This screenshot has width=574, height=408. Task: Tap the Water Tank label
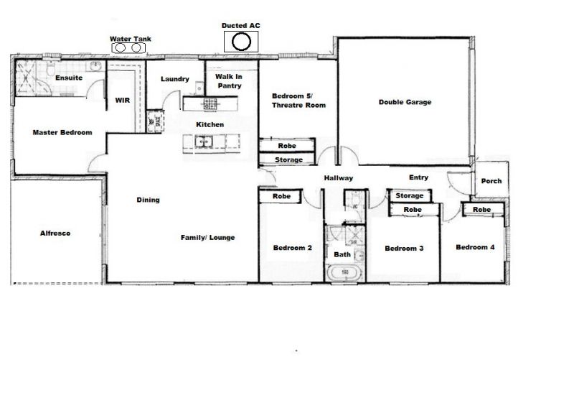coord(131,39)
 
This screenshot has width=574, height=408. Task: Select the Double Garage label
coord(405,102)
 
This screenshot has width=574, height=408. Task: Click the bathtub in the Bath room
coord(345,273)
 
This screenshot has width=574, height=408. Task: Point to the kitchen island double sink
coord(204,141)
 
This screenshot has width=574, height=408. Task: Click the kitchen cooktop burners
coord(210,104)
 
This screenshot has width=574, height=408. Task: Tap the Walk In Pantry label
coord(229,81)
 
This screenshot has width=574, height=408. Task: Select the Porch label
coord(491,181)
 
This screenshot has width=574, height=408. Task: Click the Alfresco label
coord(55,233)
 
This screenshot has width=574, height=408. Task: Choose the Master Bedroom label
coord(62,132)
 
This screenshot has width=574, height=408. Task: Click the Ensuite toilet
coord(50,68)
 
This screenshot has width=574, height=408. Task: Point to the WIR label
coord(122,100)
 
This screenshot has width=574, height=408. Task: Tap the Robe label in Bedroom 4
coord(481,209)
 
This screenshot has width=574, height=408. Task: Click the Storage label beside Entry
coord(409,195)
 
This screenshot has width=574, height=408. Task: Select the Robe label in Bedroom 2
coord(281,196)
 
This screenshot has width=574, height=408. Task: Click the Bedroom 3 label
coord(404,248)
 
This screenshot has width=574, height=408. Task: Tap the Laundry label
coord(175,79)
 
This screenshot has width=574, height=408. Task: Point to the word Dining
coord(149,200)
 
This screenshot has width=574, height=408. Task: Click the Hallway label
coord(339,178)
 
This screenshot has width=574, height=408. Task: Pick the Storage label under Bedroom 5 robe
coord(289,159)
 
